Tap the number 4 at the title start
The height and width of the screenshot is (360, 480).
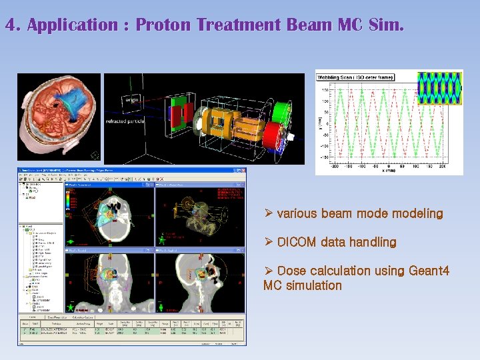(10, 26)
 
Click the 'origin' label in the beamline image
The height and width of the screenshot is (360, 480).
(131, 99)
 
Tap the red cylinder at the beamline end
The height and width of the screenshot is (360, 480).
(273, 137)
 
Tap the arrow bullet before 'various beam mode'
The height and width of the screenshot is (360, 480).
(268, 214)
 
